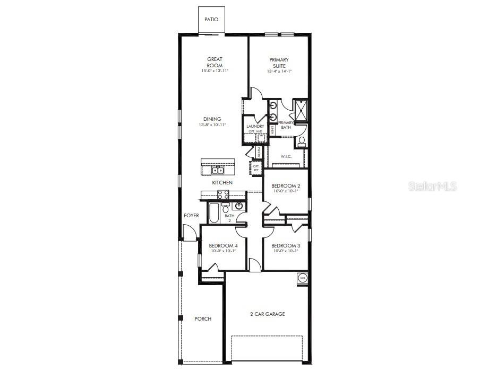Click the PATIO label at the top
[x=211, y=20]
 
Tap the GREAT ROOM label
[x=215, y=63]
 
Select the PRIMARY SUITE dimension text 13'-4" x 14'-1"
[x=279, y=72]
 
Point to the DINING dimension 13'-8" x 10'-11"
[x=212, y=125]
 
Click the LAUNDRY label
[x=255, y=126]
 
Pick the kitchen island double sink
[x=218, y=170]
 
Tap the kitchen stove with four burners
[x=224, y=194]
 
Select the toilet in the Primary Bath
[x=301, y=141]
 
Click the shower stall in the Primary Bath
[x=299, y=110]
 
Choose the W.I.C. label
[x=287, y=156]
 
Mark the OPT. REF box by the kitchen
[x=256, y=168]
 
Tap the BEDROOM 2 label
[x=286, y=186]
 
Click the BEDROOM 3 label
[x=286, y=246]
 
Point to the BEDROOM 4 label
[x=223, y=246]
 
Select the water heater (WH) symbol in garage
[x=302, y=278]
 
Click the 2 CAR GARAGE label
[x=267, y=314]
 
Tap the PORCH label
[x=203, y=319]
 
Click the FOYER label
[x=191, y=216]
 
